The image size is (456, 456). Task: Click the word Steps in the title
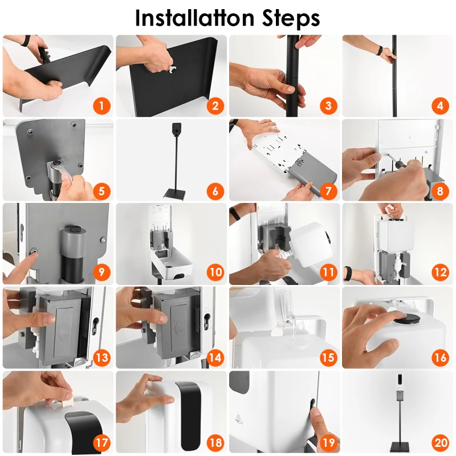tap(291, 19)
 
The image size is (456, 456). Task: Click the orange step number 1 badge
tap(101, 105)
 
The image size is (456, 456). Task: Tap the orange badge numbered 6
tap(215, 191)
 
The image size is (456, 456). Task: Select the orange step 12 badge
tap(440, 272)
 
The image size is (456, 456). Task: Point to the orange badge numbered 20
tap(440, 442)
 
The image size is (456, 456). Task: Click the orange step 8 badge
tap(440, 191)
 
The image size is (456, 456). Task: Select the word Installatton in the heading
tap(195, 18)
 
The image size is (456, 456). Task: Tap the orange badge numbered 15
tap(328, 357)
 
